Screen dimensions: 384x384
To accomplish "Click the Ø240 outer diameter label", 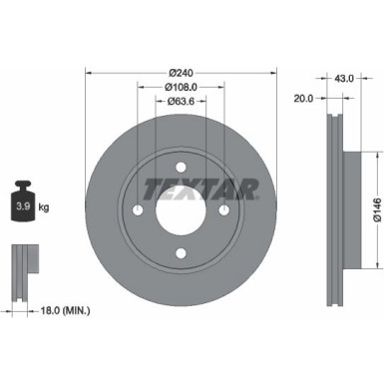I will click(x=180, y=72).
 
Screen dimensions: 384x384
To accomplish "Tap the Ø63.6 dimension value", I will click(x=180, y=100).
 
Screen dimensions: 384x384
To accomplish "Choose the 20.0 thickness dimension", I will click(x=305, y=99).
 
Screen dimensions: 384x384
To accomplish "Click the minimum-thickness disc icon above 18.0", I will click(x=22, y=263).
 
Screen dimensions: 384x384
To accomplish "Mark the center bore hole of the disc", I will click(x=180, y=211).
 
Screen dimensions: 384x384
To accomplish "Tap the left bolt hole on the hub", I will click(x=136, y=211).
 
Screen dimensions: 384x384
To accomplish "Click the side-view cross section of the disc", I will click(x=336, y=211).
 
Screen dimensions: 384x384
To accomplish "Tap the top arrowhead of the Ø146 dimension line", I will click(x=375, y=155).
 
